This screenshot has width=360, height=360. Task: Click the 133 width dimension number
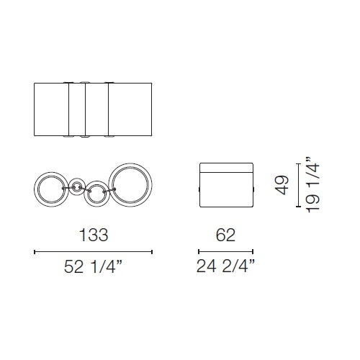tap(94, 235)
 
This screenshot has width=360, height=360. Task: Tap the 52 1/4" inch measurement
tap(94, 266)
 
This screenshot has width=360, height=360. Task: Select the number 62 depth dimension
tap(225, 235)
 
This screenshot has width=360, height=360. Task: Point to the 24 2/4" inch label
tap(225, 266)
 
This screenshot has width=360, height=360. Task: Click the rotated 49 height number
tap(282, 185)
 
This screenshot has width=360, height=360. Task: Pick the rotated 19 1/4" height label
tap(312, 185)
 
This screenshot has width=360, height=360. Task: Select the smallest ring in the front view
tap(77, 179)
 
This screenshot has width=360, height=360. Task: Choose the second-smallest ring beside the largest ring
tap(96, 182)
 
